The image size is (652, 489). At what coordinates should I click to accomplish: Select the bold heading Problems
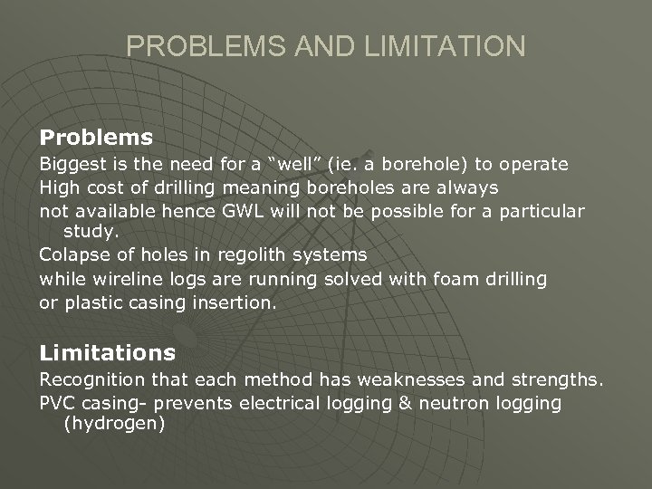[x=96, y=138]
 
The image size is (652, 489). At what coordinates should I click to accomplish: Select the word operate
[x=534, y=164]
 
